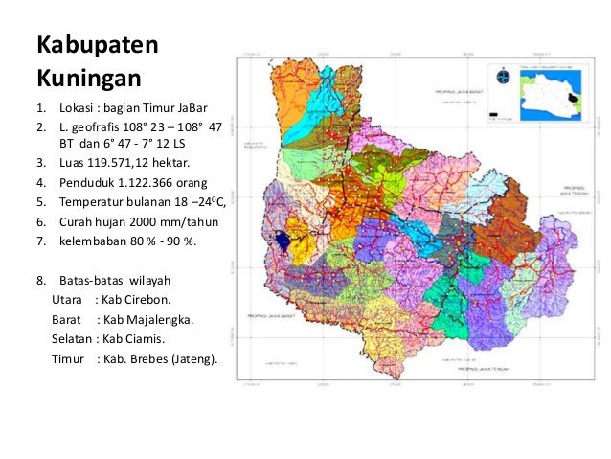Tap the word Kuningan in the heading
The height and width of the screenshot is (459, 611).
88,75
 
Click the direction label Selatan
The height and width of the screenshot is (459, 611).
73,339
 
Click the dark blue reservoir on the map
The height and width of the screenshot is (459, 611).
283,241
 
